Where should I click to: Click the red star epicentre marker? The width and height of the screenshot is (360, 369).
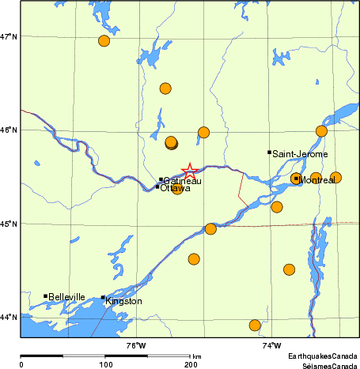pos(190,171)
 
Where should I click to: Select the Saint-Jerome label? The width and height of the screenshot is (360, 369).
pos(300,154)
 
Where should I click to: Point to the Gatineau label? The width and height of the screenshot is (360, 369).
pos(183,181)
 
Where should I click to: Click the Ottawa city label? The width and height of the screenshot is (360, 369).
pos(175,188)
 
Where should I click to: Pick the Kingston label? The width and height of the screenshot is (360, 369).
pos(124,301)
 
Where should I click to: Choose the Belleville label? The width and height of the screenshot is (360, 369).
pos(66,297)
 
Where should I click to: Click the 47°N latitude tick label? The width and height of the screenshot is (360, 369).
pos(9,36)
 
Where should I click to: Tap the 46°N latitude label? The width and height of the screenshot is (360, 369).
pos(9,130)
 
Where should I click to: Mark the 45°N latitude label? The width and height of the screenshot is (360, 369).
pos(9,224)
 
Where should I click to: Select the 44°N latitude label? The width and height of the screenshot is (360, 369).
pos(9,317)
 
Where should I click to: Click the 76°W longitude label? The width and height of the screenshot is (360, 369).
pos(136,345)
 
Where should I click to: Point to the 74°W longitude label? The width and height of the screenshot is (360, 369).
pos(271,345)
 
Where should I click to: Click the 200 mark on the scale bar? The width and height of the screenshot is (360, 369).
pos(191,364)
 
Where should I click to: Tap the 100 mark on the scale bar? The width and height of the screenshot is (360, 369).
pos(105,364)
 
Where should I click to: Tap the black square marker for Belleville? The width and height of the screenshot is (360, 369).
pos(45,296)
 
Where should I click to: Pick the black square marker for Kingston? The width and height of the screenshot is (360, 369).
pos(103,298)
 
